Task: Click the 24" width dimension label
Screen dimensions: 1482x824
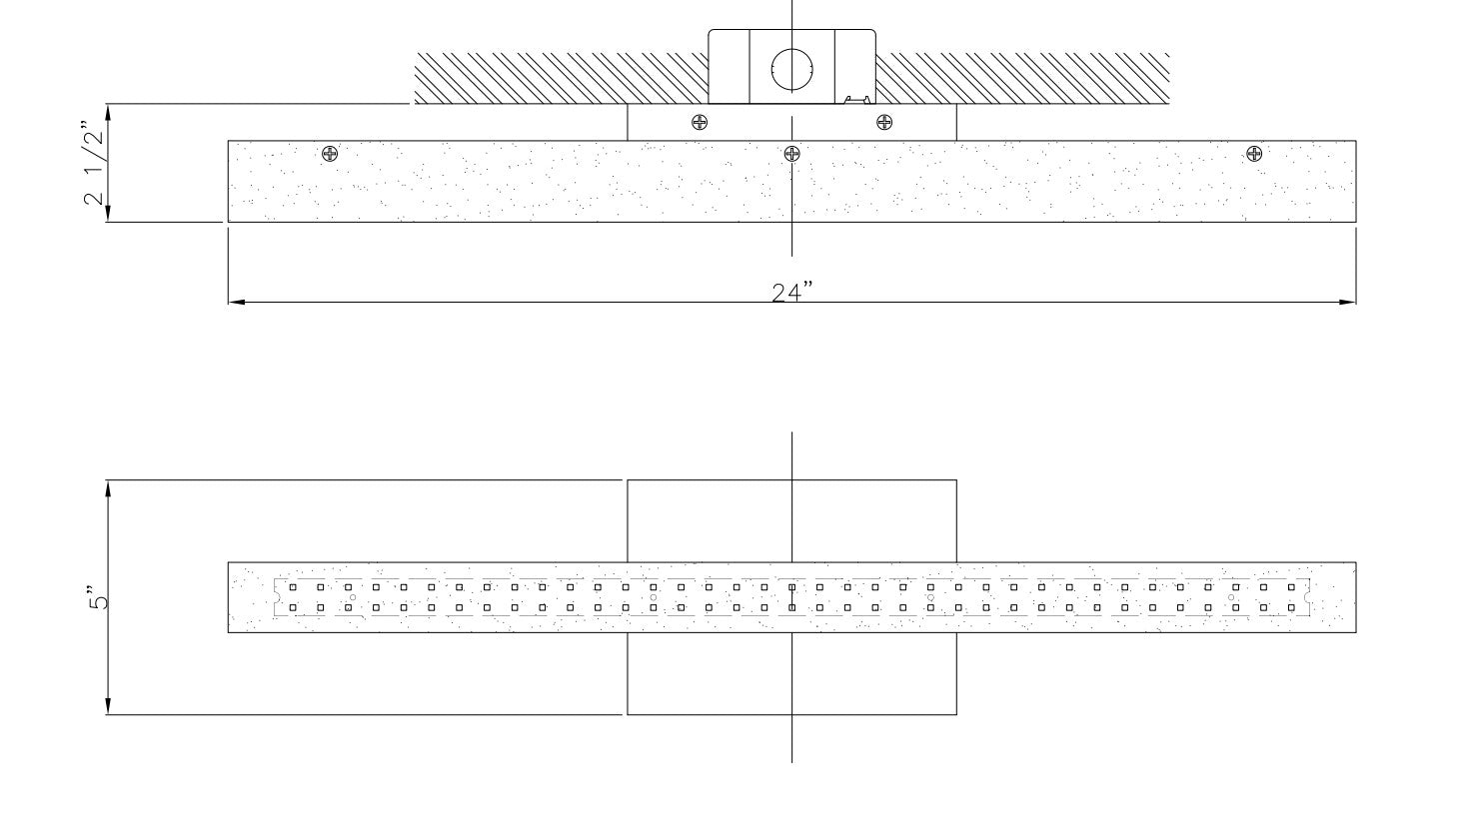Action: pos(791,292)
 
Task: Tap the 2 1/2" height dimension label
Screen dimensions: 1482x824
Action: pos(93,163)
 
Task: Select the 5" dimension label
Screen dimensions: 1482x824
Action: pos(97,597)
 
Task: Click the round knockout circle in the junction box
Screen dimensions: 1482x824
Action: pos(791,69)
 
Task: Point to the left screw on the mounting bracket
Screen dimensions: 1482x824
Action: pos(700,122)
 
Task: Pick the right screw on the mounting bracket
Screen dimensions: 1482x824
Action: pos(884,122)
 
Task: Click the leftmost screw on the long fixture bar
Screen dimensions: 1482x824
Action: pos(330,154)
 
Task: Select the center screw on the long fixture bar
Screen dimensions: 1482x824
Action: pos(791,154)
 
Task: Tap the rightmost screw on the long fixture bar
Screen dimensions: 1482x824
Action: pos(1254,154)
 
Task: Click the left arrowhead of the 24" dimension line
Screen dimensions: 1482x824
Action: pos(236,303)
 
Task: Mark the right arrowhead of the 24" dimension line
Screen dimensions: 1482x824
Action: pos(1348,303)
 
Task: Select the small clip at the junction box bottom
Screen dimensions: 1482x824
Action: pos(856,100)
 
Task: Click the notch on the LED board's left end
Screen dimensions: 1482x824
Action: pos(276,597)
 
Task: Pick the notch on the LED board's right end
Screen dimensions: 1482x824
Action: pos(1307,597)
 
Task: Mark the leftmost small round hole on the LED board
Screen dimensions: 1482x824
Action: pos(353,597)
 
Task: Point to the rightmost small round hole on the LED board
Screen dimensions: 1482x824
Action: pos(1231,597)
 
